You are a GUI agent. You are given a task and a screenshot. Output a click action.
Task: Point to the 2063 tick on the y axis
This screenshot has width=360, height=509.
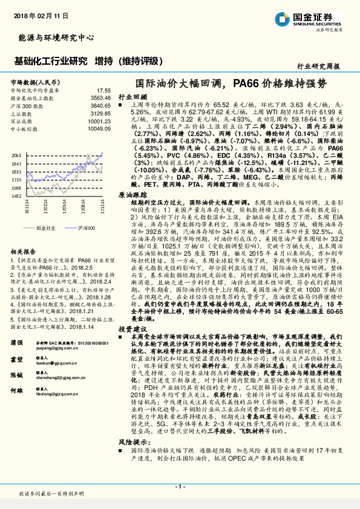pos(16,156)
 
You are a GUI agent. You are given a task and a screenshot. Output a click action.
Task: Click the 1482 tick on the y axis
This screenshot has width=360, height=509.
pos(16,196)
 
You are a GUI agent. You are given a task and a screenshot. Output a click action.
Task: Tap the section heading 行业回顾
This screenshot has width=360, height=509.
pos(133,96)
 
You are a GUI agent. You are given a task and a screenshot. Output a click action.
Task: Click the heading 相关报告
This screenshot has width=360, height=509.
pos(25,250)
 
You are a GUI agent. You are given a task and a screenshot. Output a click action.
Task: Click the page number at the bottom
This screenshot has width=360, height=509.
pos(180,487)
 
